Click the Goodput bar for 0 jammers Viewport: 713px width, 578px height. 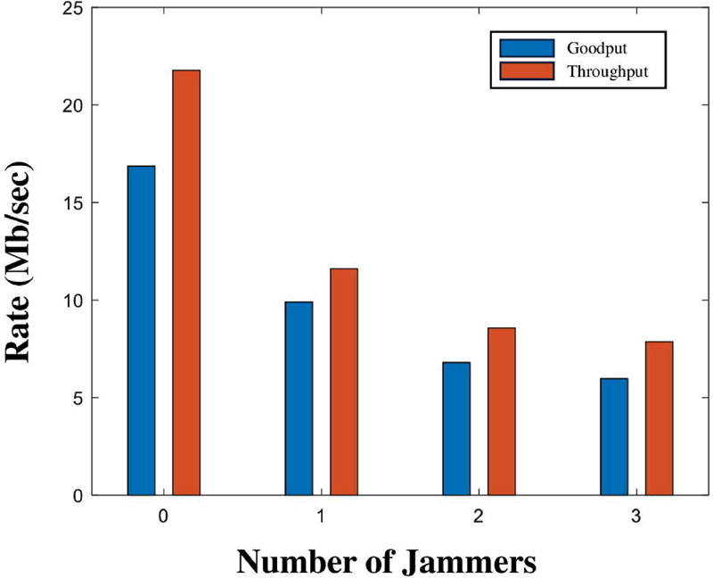coord(141,330)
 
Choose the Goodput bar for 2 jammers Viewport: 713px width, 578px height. coord(456,428)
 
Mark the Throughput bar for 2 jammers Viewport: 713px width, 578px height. coord(502,411)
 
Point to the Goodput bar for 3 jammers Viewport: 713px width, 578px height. coord(614,436)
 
